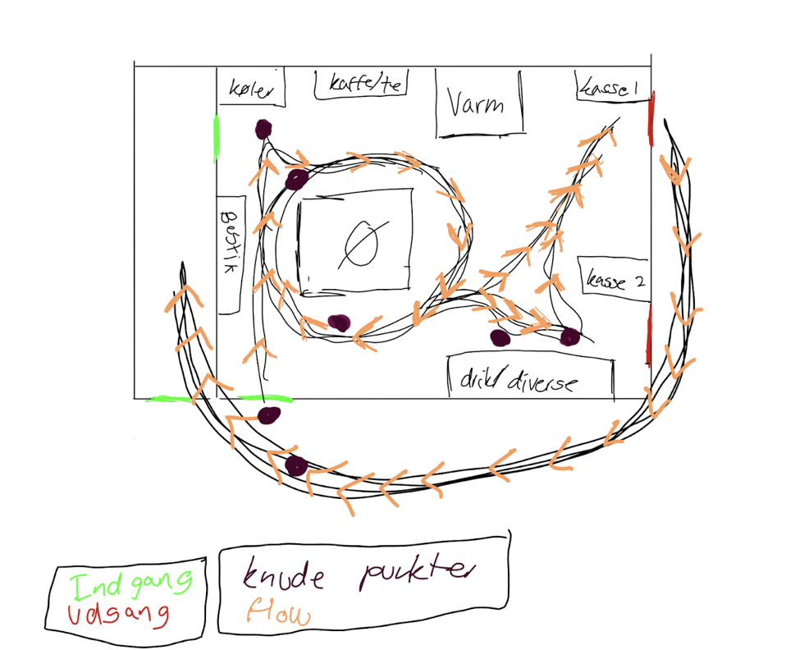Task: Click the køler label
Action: point(250,89)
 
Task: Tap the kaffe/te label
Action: point(360,84)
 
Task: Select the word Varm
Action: point(476,105)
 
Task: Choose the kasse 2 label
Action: point(614,281)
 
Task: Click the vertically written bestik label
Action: point(229,243)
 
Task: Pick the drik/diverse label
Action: point(519,380)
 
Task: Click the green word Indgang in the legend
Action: point(130,586)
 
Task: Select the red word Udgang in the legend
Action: point(118,615)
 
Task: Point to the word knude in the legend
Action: point(284,576)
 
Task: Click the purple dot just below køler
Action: point(263,129)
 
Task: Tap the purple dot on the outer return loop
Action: point(295,466)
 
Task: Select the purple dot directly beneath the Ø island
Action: point(336,323)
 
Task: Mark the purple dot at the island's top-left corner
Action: point(297,177)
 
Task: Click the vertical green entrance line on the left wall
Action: point(217,137)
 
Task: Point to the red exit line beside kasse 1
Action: point(651,120)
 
